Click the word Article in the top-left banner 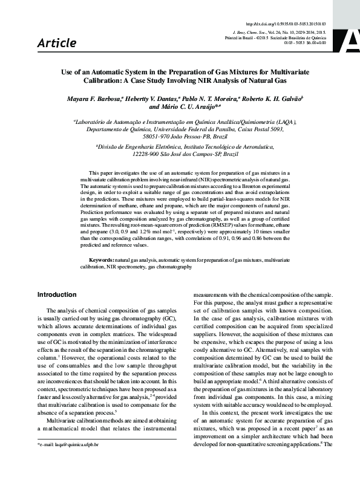[57, 43]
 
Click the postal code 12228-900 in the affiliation [145, 155]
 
